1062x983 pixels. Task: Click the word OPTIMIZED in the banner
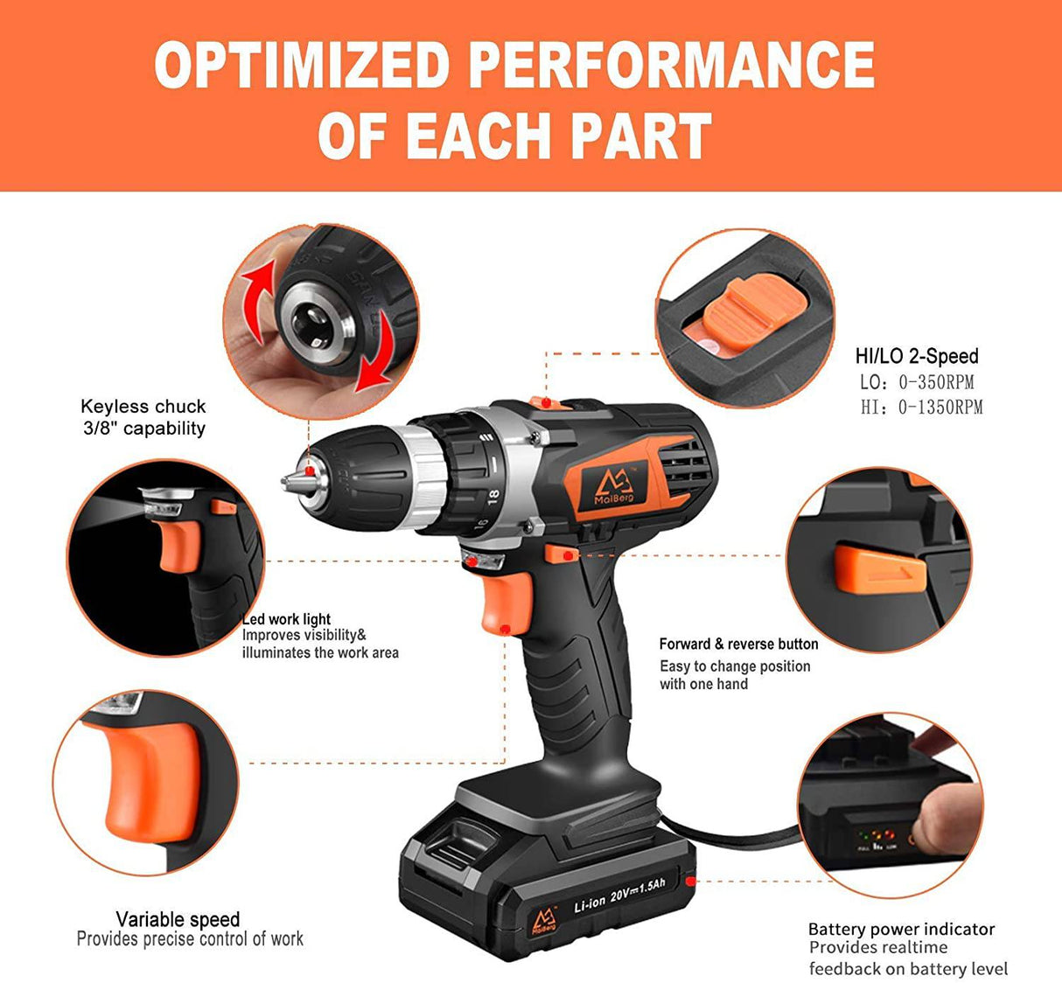302,65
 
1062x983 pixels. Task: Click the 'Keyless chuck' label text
143,407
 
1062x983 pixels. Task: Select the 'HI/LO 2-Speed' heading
917,356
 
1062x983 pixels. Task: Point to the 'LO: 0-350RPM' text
917,382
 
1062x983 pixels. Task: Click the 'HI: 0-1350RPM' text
921,408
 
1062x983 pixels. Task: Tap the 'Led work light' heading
286,619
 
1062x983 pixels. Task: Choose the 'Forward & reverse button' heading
738,644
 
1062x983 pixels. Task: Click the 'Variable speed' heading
178,919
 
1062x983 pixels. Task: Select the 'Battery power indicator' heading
902,929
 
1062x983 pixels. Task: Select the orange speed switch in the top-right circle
755,313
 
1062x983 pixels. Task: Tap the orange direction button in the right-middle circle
880,569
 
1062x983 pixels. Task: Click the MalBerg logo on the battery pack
544,922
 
